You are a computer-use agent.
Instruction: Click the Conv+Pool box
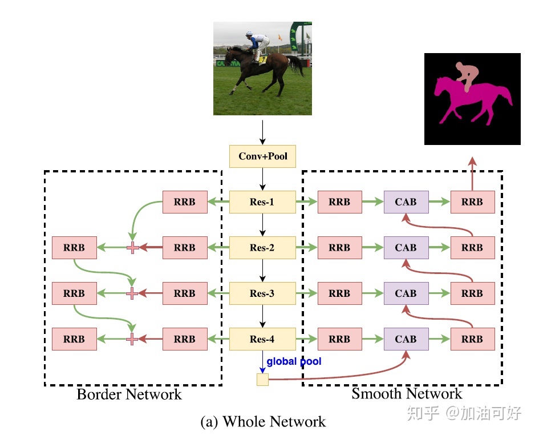262,156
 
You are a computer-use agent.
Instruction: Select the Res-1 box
262,202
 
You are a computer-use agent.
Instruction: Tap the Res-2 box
262,247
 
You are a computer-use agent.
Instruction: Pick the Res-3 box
262,293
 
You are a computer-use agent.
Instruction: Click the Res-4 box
262,339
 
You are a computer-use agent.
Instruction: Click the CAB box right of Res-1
406,202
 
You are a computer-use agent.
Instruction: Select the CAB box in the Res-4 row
406,339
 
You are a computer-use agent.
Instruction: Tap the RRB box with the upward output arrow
472,202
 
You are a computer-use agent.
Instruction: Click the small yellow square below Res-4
262,379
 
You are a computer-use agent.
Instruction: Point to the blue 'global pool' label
294,361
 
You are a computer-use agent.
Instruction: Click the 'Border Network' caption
129,394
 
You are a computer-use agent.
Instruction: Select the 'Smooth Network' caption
406,393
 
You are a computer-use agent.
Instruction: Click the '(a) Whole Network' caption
263,422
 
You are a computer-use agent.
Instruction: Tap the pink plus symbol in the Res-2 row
132,248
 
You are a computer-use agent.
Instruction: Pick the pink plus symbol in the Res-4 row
132,339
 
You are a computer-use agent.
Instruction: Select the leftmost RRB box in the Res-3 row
74,293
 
